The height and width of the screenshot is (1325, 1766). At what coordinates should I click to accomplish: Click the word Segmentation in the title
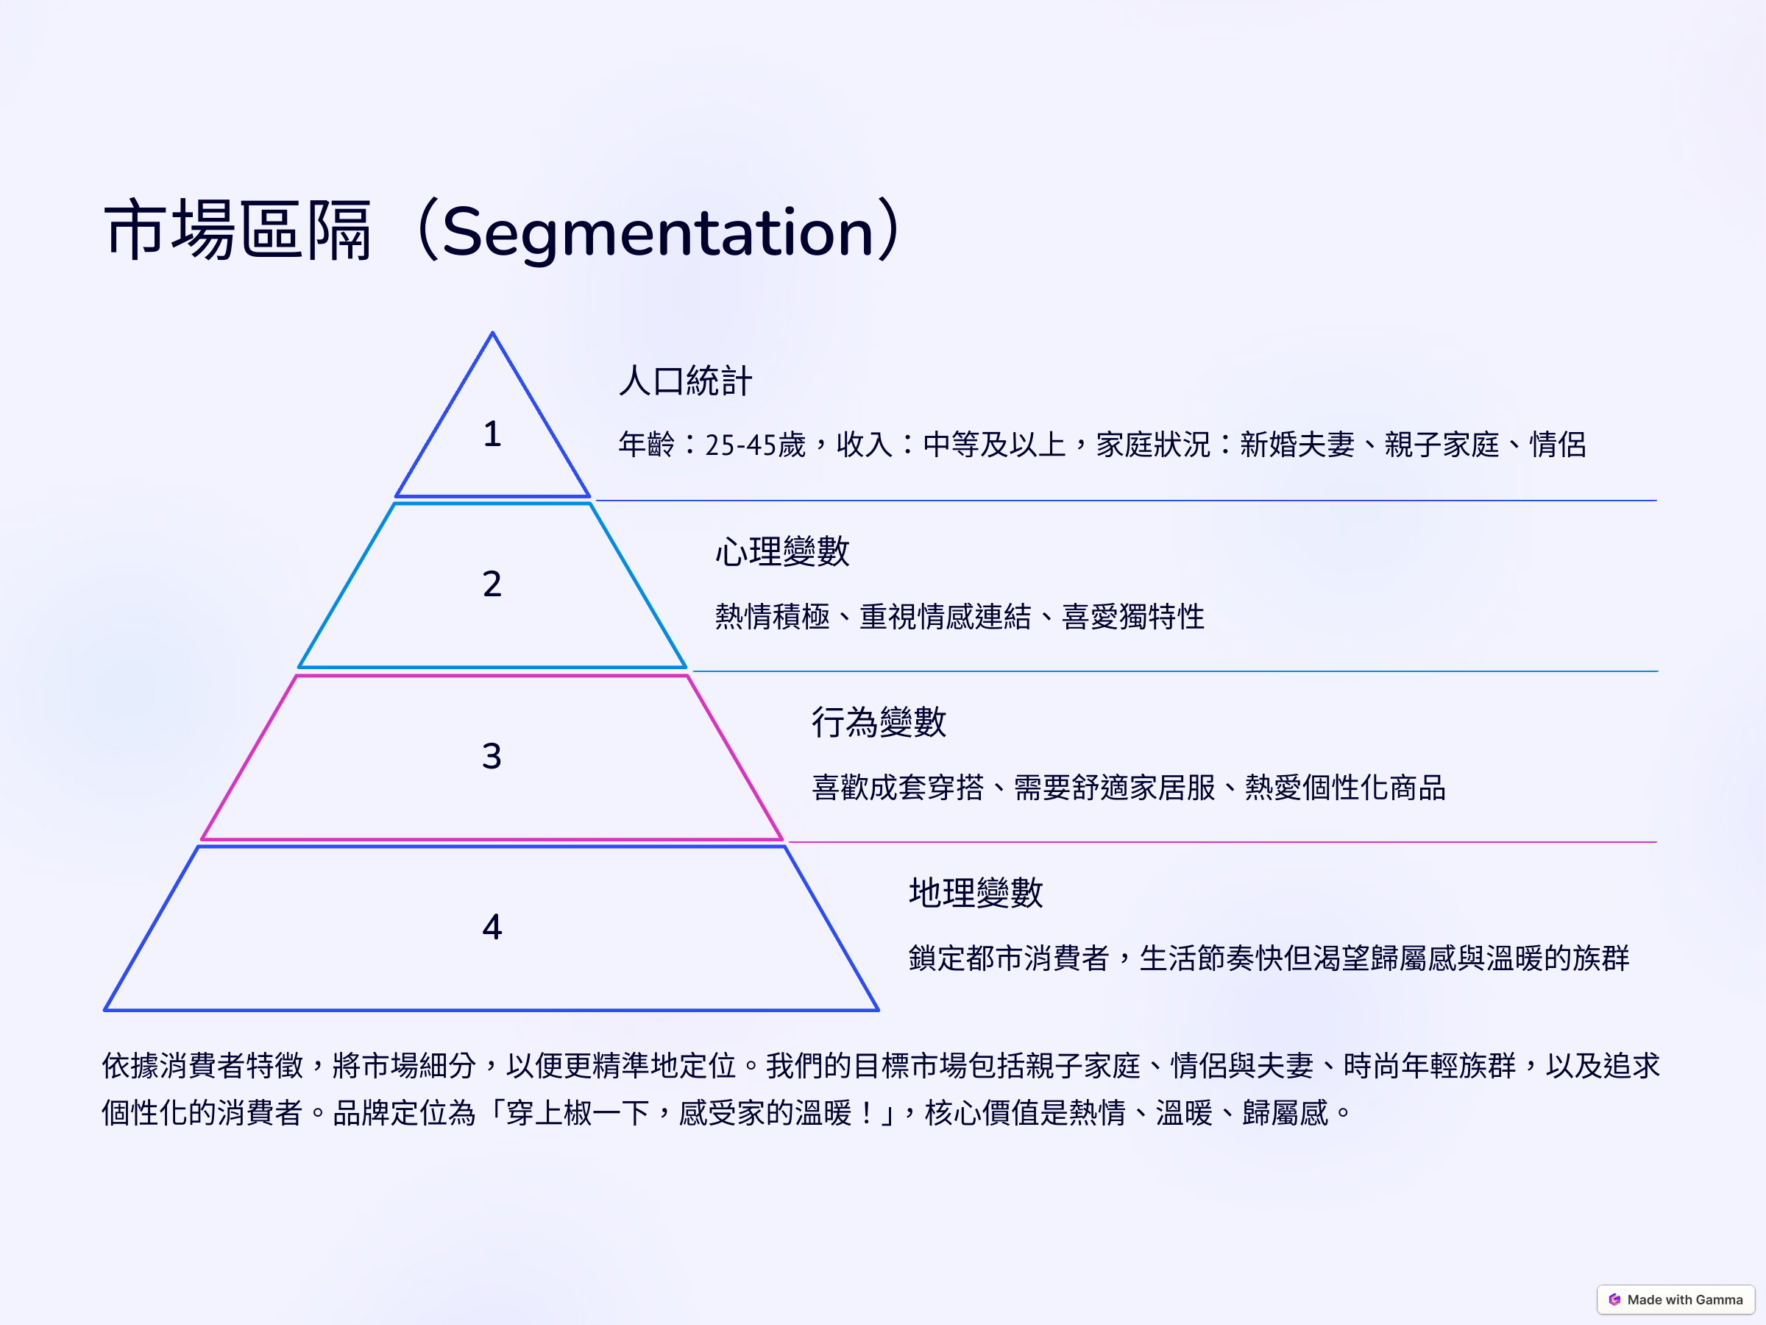659,233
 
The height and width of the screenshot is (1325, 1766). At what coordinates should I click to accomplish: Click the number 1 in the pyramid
492,434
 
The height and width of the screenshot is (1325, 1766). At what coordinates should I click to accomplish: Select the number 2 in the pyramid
492,584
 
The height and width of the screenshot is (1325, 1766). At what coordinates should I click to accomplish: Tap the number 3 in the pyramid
492,755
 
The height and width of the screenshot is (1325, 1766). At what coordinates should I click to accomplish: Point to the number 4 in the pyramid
492,927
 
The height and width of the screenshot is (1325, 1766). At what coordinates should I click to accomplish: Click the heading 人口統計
685,381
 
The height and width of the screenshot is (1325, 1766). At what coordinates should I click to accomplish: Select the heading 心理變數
782,551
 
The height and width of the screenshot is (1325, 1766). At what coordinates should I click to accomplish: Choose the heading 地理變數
976,892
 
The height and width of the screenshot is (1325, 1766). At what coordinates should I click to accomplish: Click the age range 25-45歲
755,445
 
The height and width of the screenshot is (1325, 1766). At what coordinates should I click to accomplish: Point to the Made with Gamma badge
1675,1299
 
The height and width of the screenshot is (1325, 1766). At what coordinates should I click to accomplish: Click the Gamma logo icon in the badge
1614,1299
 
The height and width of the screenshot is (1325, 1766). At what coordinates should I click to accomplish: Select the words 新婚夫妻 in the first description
1297,445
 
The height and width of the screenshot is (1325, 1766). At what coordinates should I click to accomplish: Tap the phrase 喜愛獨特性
1133,617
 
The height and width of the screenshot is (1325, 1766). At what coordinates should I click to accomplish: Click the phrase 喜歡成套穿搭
898,788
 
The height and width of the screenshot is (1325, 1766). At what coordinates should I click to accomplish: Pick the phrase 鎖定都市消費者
1009,958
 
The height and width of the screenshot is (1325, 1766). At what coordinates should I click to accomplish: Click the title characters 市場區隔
238,231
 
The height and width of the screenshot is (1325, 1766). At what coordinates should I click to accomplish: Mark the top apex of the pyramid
492,333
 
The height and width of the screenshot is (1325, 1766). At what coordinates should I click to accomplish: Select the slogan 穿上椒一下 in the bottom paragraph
578,1112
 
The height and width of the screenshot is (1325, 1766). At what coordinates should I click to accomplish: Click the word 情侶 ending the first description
1558,445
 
